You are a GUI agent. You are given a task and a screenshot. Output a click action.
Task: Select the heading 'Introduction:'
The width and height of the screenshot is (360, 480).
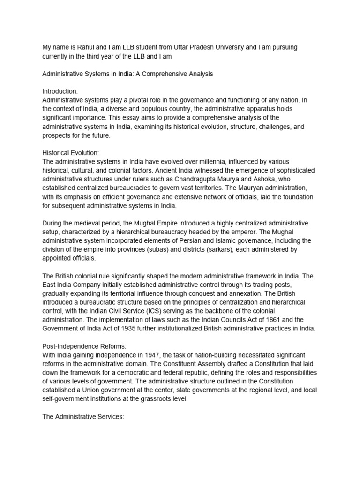[x=60, y=92]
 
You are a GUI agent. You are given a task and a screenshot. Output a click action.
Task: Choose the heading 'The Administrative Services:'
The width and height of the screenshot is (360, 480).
[x=83, y=415]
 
